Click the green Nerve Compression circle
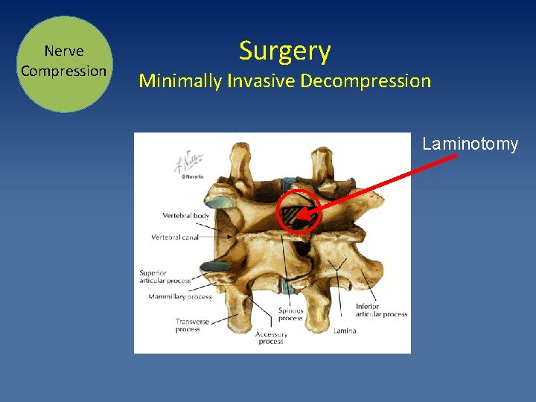[x=64, y=64]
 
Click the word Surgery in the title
[x=284, y=51]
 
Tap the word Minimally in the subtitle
[x=179, y=80]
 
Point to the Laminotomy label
[x=470, y=144]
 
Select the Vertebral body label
[x=186, y=215]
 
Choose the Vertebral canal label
[x=175, y=237]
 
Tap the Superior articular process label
[x=165, y=278]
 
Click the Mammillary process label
[x=179, y=296]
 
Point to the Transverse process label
[x=192, y=325]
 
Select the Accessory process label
[x=271, y=338]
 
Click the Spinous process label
[x=290, y=315]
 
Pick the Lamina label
[x=345, y=331]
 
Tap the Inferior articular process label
[x=380, y=310]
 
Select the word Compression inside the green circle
[x=64, y=71]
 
